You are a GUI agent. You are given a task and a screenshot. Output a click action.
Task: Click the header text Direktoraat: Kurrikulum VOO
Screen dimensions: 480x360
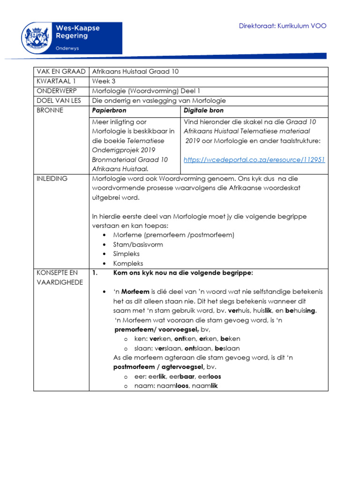[x=283, y=26]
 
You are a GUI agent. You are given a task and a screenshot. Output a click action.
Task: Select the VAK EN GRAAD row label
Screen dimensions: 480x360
[x=60, y=72]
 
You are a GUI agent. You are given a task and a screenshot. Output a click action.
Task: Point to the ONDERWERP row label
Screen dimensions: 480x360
[x=55, y=91]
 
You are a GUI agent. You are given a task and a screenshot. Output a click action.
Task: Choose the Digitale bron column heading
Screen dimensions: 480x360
[x=203, y=111]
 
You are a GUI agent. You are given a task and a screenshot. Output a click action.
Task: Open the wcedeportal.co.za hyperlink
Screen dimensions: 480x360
[x=255, y=160]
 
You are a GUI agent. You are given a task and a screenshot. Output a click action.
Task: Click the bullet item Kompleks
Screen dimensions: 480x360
[x=128, y=263]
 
